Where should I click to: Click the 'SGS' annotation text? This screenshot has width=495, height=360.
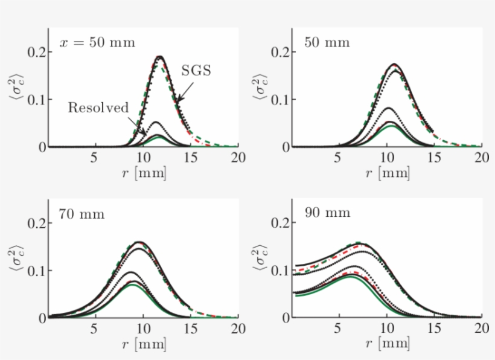[196, 71]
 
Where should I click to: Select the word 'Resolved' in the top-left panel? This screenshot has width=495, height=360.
[98, 108]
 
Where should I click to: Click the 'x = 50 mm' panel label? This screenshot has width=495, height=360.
[97, 43]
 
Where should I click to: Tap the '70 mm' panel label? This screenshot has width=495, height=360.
[81, 214]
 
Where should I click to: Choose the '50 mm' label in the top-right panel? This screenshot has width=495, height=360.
[327, 43]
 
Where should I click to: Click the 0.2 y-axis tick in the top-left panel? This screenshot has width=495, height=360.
[36, 52]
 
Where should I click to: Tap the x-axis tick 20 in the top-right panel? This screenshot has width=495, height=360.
[481, 158]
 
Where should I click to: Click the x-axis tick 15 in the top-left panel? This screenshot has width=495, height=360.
[190, 158]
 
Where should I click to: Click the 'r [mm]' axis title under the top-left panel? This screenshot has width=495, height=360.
[143, 173]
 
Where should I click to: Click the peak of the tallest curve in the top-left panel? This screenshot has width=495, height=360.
[160, 57]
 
